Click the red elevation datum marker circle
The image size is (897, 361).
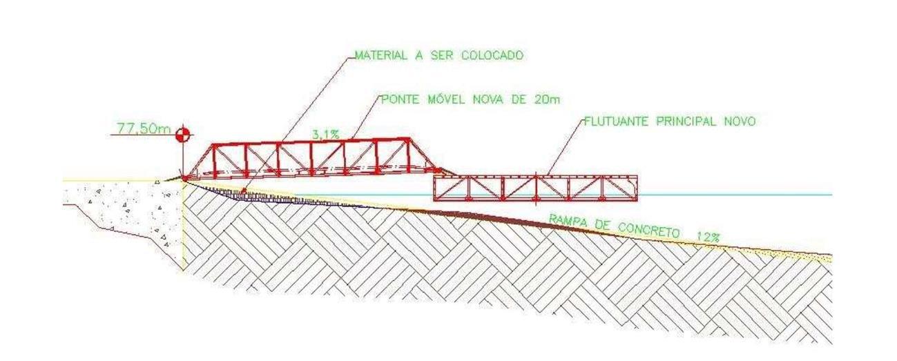[x=182, y=135]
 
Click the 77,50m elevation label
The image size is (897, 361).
[x=144, y=129]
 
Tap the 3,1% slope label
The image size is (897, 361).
[x=325, y=135]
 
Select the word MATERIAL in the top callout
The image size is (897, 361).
[x=380, y=55]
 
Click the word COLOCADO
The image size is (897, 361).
[x=492, y=55]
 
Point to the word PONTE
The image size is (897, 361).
[x=399, y=99]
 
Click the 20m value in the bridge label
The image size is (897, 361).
[x=547, y=99]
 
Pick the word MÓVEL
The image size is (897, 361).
[x=445, y=99]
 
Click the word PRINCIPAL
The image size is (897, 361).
[x=686, y=121]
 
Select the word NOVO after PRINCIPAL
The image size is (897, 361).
[x=740, y=121]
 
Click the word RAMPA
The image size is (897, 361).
[x=568, y=222]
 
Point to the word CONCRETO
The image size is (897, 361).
[x=648, y=230]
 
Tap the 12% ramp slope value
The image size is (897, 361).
[x=708, y=237]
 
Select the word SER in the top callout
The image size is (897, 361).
[x=441, y=55]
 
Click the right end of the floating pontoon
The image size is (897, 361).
[x=637, y=188]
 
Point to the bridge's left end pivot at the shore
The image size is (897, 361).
[x=185, y=177]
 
